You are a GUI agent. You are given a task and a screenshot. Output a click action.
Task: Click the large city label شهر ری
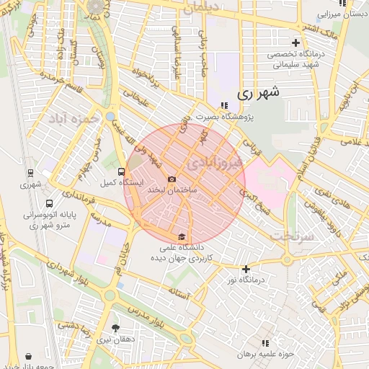click(x=257, y=93)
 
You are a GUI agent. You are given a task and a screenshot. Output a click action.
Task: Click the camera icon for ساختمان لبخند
click(x=172, y=179)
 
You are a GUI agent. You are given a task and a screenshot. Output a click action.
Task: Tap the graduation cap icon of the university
click(x=182, y=236)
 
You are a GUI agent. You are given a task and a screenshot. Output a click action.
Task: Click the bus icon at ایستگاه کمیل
click(x=120, y=172)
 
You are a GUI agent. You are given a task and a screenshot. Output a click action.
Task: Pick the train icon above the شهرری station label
click(x=31, y=173)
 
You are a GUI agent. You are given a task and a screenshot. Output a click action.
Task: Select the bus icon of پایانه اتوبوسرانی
click(x=49, y=204)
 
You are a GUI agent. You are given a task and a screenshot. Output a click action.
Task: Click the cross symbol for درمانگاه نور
click(x=246, y=269)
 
